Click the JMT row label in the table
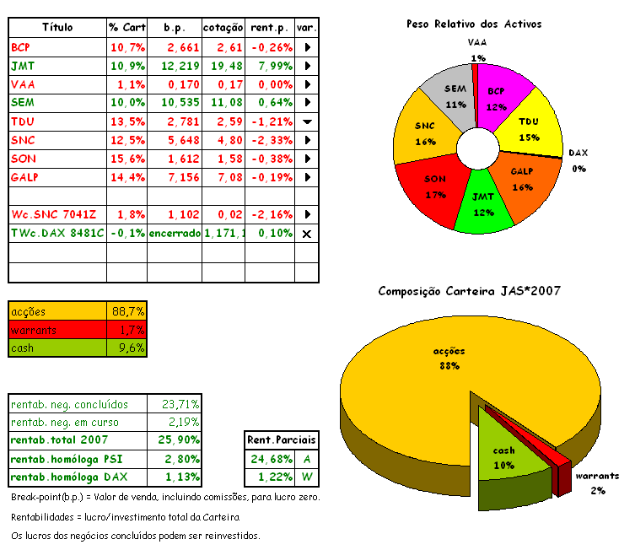(23, 65)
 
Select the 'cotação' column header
(223, 28)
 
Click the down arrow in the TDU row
(307, 121)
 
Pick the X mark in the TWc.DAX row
(307, 233)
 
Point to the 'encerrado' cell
(175, 233)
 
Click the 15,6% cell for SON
(127, 159)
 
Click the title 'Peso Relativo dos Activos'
(473, 24)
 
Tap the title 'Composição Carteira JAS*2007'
(470, 291)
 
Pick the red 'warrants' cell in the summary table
(57, 329)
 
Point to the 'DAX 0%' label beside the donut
(578, 161)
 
